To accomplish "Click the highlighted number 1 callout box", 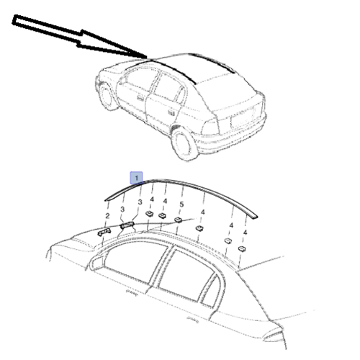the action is (136, 178).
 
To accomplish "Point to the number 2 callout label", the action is (107, 216).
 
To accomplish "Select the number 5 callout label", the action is (181, 204).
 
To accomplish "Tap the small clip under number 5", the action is (178, 220).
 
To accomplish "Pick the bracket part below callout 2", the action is (104, 232).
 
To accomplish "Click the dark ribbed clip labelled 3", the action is (127, 225).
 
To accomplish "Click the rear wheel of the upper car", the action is (184, 144).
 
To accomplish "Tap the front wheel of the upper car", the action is (106, 96).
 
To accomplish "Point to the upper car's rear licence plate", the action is (243, 118).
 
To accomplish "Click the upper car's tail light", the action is (211, 127).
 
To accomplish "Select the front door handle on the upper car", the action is (140, 98).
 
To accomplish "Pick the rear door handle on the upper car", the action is (171, 112).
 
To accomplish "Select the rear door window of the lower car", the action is (187, 276).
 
